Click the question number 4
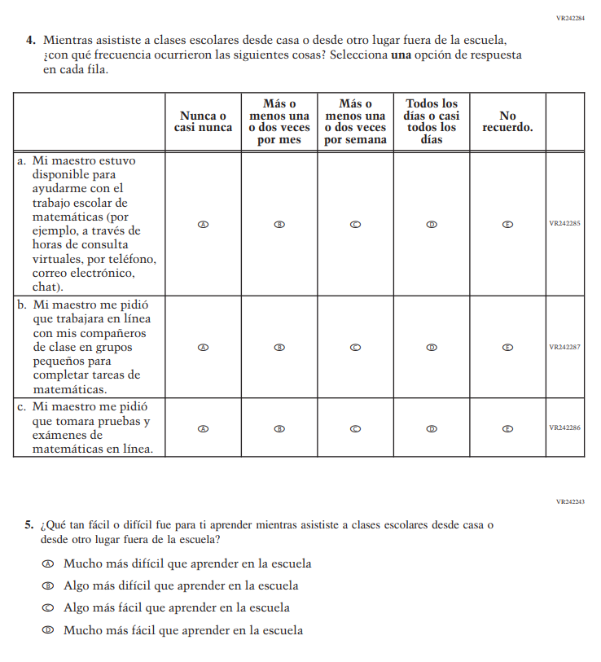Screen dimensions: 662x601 point(30,39)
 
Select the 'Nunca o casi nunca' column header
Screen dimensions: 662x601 point(203,122)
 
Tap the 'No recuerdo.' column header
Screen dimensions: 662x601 point(507,122)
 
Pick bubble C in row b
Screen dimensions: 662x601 point(355,347)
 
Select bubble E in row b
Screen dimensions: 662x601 point(507,347)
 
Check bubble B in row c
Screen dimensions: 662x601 point(279,427)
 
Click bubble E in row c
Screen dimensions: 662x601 point(507,427)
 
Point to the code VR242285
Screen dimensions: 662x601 point(564,224)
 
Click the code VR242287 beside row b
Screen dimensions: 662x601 point(564,347)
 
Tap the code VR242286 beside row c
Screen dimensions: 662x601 point(564,427)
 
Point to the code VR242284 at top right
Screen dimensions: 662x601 point(570,17)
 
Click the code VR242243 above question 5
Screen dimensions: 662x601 point(570,502)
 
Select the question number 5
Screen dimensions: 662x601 point(29,525)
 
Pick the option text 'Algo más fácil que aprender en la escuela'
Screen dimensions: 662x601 point(177,608)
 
